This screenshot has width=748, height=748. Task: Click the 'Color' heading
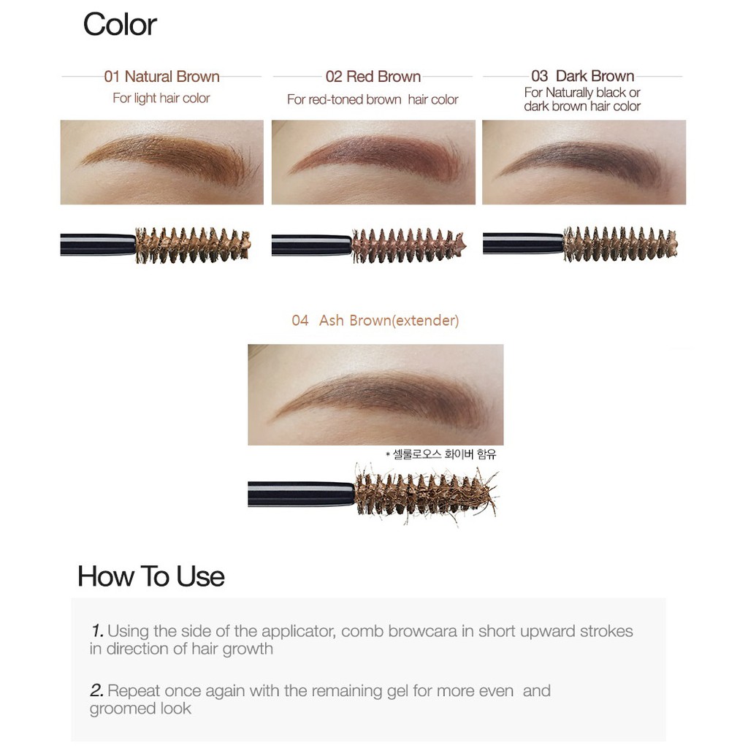click(120, 24)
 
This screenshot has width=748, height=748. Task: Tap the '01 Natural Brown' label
click(161, 76)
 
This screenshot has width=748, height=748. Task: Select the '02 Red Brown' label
click(373, 76)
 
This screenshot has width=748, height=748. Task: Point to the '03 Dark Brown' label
click(582, 76)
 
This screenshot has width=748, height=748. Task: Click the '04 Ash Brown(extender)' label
click(375, 320)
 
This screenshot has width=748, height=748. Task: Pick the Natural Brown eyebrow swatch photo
click(161, 162)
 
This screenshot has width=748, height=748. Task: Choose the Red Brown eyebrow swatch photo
click(373, 162)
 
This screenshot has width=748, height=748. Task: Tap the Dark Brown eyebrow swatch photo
click(584, 162)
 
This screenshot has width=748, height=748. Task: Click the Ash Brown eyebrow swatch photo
click(375, 394)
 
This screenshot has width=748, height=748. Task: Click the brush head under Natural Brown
click(193, 245)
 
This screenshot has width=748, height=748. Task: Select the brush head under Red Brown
click(408, 245)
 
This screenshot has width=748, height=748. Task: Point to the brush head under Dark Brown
click(619, 244)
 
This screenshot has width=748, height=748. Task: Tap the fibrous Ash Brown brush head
click(426, 494)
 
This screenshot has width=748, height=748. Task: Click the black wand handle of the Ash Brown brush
click(301, 494)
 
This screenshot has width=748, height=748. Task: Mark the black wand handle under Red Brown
click(311, 245)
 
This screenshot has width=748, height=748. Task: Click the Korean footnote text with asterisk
click(440, 454)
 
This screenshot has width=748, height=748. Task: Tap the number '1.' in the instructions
click(97, 630)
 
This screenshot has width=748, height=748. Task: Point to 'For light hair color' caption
click(161, 98)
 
